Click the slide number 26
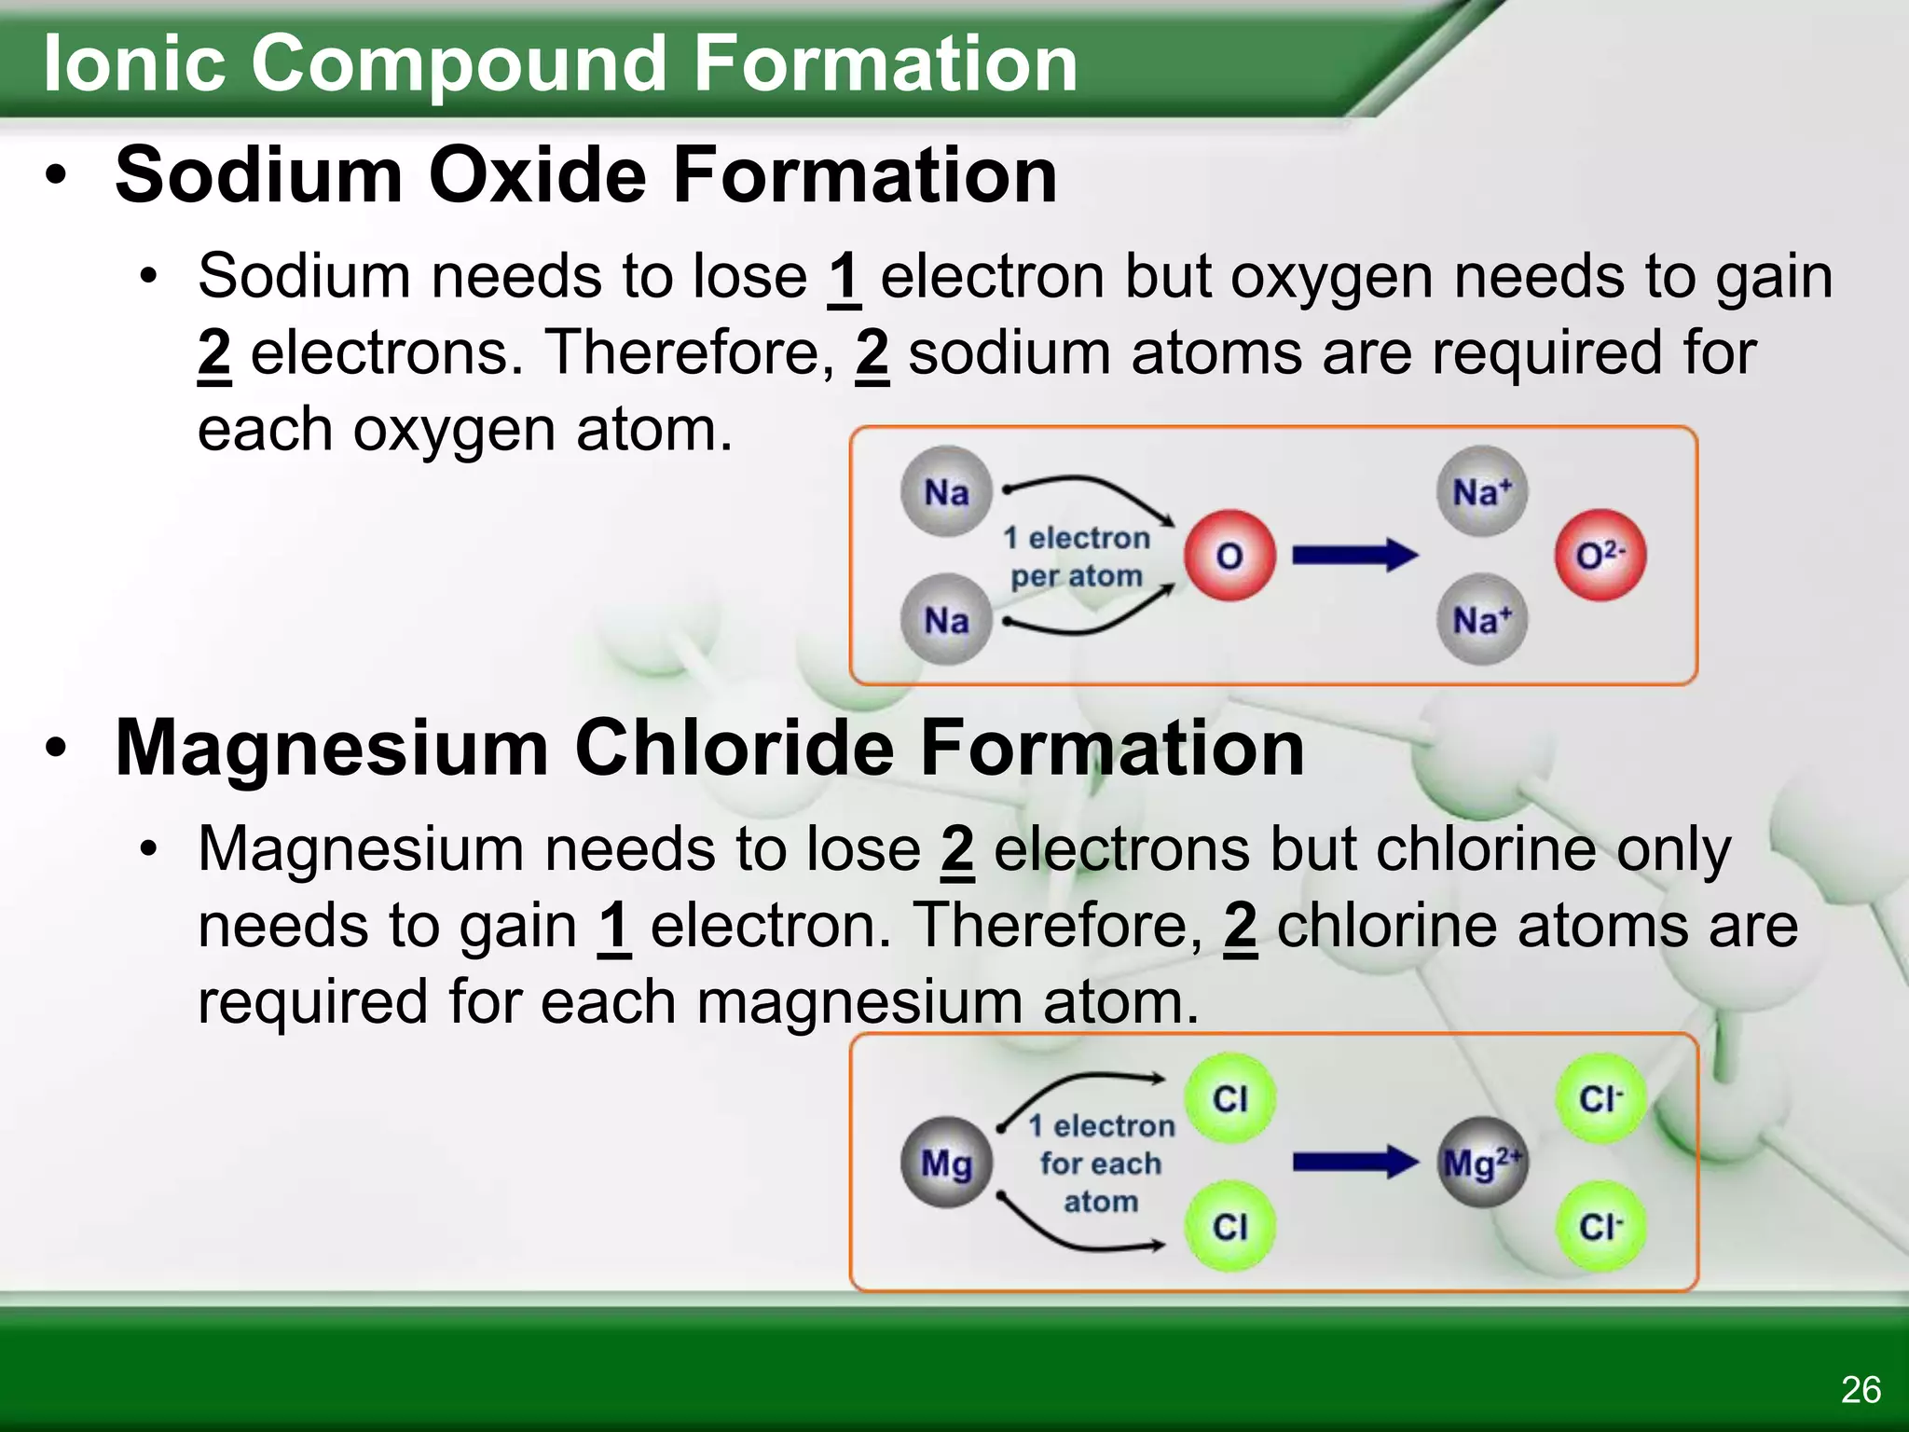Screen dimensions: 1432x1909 pyautogui.click(x=1861, y=1390)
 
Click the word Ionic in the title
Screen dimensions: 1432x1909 pyautogui.click(x=134, y=63)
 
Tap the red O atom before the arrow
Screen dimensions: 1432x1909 pyautogui.click(x=1229, y=557)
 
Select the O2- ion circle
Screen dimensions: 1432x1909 pyautogui.click(x=1600, y=556)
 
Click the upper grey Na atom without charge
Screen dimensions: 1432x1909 pyautogui.click(x=946, y=492)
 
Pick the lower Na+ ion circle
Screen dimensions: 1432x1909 pyautogui.click(x=1482, y=620)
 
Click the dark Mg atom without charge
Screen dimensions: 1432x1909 pyautogui.click(x=946, y=1163)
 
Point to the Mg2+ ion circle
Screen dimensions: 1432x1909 pyautogui.click(x=1482, y=1163)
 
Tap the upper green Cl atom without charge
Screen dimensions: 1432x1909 pyautogui.click(x=1229, y=1098)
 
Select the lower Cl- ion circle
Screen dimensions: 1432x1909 pyautogui.click(x=1600, y=1227)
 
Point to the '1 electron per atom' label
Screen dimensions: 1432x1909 pyautogui.click(x=1077, y=557)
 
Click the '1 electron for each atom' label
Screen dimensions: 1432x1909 pyautogui.click(x=1101, y=1163)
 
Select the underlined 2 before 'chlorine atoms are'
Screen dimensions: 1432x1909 pyautogui.click(x=1240, y=926)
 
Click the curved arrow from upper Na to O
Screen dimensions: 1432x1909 pyautogui.click(x=1091, y=489)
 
